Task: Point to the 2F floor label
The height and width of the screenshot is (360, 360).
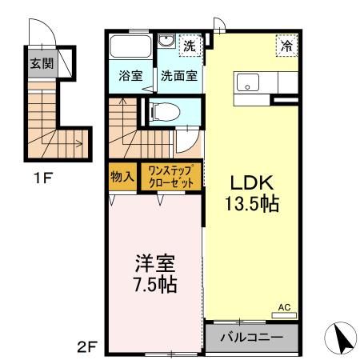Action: click(x=86, y=346)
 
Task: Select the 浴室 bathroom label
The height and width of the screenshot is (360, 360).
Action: click(x=130, y=77)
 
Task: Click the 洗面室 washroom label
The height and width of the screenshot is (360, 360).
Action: click(x=179, y=77)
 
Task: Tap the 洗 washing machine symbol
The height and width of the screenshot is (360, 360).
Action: click(x=190, y=46)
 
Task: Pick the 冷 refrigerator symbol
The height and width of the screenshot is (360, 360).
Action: click(x=286, y=46)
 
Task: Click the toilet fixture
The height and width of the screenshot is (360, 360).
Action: click(x=162, y=111)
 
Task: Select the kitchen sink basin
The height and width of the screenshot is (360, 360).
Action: click(x=248, y=81)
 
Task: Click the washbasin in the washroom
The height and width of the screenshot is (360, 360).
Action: click(x=166, y=43)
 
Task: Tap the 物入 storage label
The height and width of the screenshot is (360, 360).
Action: click(x=122, y=176)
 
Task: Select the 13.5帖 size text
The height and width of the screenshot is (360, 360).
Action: click(x=252, y=204)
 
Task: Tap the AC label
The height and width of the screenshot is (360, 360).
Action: click(x=284, y=306)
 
